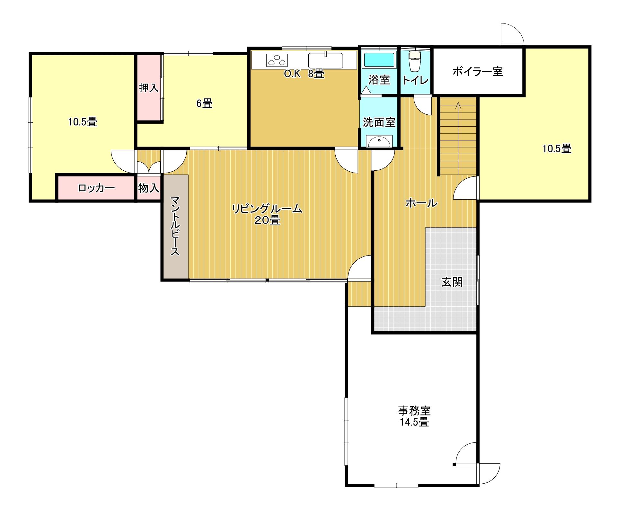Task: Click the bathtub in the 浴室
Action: click(379, 60)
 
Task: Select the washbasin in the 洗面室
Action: click(379, 141)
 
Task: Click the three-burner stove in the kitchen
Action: click(277, 60)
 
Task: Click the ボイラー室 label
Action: click(478, 71)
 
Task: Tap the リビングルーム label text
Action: click(267, 209)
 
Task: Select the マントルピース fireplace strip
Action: click(175, 226)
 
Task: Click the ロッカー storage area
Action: click(96, 188)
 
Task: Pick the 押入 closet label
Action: click(149, 88)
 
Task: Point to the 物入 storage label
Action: click(149, 188)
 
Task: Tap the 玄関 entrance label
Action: click(452, 282)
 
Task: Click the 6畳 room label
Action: click(204, 103)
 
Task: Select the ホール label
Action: click(421, 203)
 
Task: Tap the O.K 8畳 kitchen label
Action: click(304, 74)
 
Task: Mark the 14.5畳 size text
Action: click(414, 422)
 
